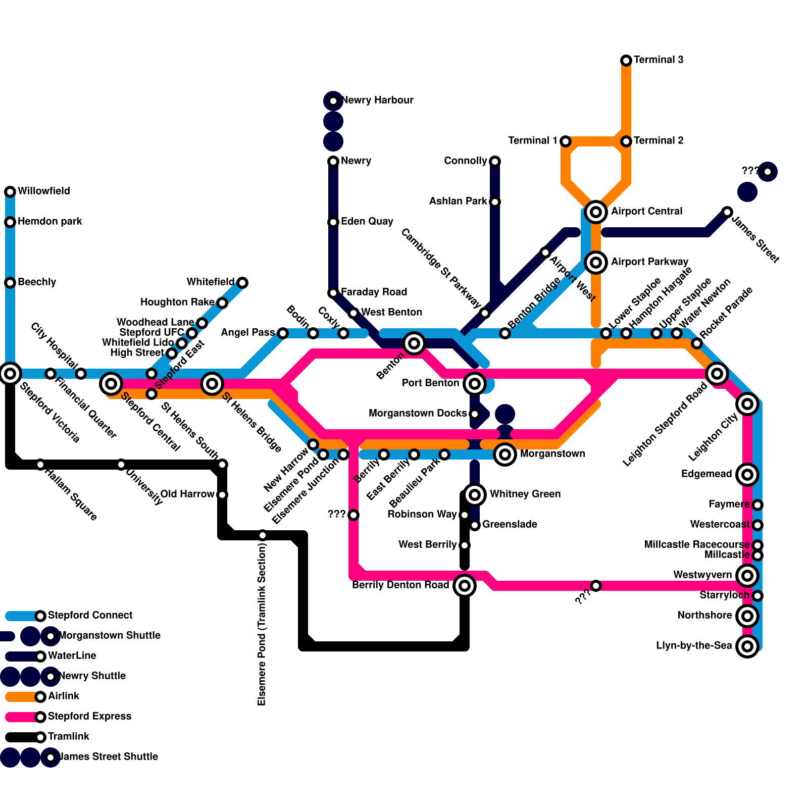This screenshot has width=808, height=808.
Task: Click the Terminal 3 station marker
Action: pyautogui.click(x=626, y=61)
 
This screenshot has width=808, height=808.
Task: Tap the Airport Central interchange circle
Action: pyautogui.click(x=596, y=212)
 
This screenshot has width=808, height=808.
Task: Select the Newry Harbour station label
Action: pyautogui.click(x=377, y=100)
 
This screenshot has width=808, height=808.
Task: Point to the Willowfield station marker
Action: pyautogui.click(x=10, y=192)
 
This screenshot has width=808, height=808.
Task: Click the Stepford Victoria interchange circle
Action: pyautogui.click(x=10, y=374)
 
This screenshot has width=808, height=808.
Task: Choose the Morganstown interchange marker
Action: pyautogui.click(x=505, y=454)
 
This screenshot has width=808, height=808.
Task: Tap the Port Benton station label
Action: pyautogui.click(x=430, y=383)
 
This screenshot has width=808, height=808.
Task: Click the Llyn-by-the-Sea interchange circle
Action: pyautogui.click(x=747, y=646)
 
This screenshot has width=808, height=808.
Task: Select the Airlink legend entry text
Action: pyautogui.click(x=64, y=696)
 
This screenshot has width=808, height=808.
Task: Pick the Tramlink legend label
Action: pyautogui.click(x=69, y=737)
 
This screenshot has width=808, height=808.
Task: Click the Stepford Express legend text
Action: pyautogui.click(x=89, y=717)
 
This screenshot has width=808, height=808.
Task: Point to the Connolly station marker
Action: pyautogui.click(x=495, y=162)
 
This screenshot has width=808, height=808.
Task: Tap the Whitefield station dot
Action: pyautogui.click(x=242, y=283)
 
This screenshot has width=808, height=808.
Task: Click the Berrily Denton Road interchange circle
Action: pyautogui.click(x=465, y=586)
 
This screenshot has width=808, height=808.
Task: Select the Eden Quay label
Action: pyautogui.click(x=367, y=222)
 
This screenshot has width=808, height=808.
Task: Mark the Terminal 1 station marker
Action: pyautogui.click(x=566, y=141)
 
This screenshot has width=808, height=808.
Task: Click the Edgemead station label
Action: pyautogui.click(x=706, y=474)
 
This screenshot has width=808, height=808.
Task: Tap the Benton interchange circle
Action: pyautogui.click(x=414, y=343)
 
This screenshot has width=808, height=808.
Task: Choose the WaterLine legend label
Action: pyautogui.click(x=72, y=656)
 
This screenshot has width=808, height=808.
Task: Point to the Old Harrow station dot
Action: pyautogui.click(x=222, y=495)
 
